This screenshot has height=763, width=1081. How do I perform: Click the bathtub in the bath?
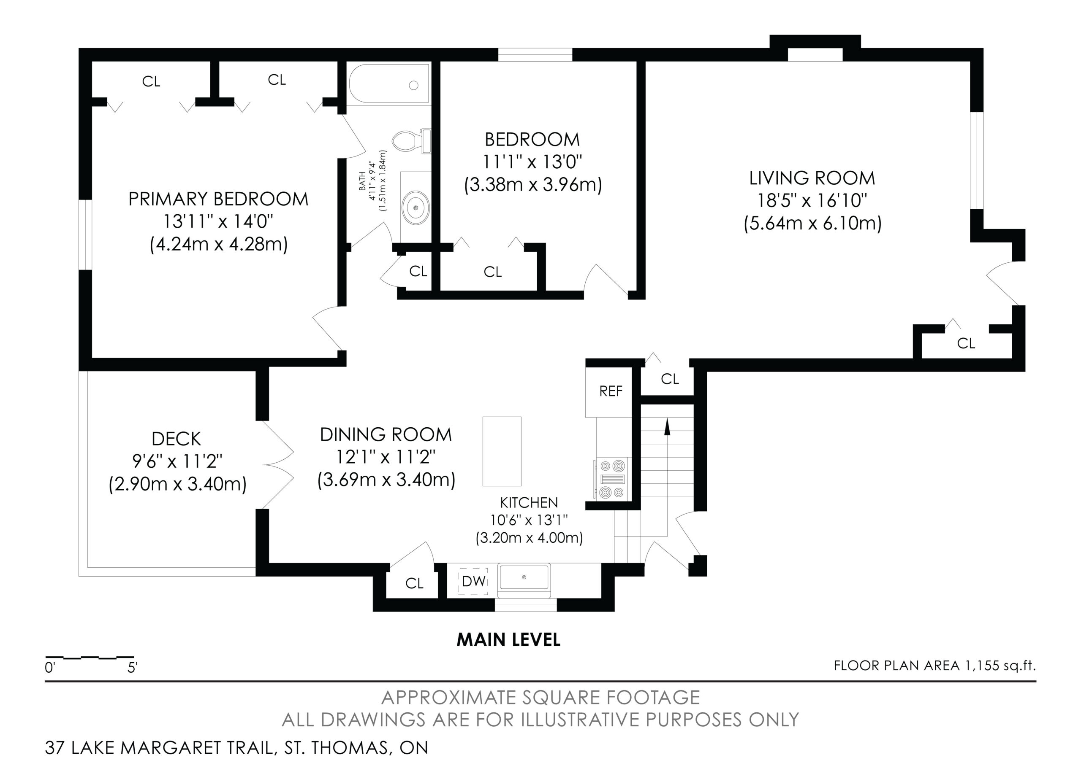[x=389, y=84]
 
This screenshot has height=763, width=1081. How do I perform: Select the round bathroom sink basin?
[x=415, y=207]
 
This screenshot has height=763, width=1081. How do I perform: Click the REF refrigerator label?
[x=611, y=391]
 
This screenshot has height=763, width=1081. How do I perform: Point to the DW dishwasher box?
[x=473, y=581]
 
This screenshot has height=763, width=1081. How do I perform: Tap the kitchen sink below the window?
[x=524, y=577]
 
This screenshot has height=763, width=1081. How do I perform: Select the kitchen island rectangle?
[x=502, y=451]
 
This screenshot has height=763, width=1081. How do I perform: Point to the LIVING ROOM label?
[x=812, y=178]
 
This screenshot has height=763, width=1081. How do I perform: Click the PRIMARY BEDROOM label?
[x=218, y=199]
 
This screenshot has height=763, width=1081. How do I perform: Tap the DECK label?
[x=177, y=439]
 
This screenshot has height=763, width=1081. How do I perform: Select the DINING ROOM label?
[x=386, y=435]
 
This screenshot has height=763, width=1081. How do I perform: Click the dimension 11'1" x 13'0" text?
[x=532, y=162]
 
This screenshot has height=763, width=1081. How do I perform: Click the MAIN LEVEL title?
[x=508, y=640]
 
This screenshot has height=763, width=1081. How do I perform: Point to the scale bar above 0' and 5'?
[x=90, y=657]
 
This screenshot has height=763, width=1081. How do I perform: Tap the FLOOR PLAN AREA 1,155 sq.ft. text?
[x=935, y=666]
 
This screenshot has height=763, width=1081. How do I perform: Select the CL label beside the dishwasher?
[x=414, y=583]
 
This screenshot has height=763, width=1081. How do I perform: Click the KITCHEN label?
[x=529, y=503]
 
